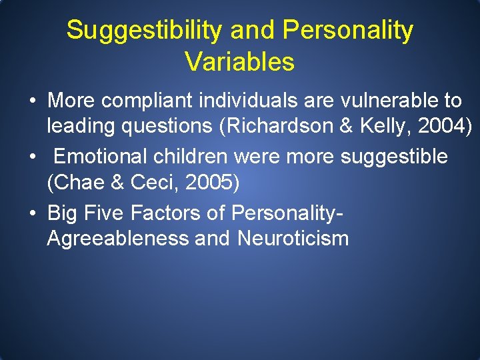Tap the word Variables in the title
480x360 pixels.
(239, 62)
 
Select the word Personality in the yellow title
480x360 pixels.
(347, 31)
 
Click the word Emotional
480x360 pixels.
(101, 157)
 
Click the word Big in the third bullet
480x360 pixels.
(62, 213)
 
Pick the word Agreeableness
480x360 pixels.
(117, 238)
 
